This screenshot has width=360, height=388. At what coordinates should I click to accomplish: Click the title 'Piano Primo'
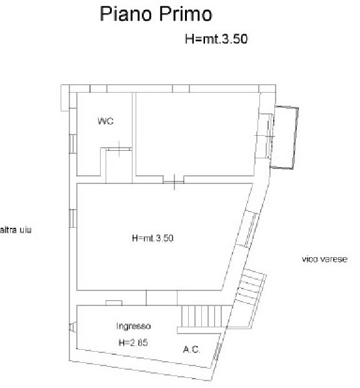tap(156, 14)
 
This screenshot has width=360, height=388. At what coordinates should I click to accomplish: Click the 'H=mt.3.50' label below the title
tap(216, 39)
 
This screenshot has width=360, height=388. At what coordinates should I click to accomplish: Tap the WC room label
tap(106, 121)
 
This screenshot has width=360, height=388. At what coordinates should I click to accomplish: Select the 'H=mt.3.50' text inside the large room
tap(152, 238)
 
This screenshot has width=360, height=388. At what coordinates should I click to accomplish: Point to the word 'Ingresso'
tap(133, 326)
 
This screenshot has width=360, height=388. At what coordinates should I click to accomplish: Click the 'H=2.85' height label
tap(133, 343)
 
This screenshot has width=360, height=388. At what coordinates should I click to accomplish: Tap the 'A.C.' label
tap(192, 349)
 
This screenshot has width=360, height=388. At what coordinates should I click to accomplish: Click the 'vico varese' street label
tap(324, 259)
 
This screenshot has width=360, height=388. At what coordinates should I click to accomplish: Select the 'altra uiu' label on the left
tap(16, 230)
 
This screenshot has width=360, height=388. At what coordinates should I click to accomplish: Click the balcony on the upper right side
tap(284, 138)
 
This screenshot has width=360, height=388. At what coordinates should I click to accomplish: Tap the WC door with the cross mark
tap(119, 149)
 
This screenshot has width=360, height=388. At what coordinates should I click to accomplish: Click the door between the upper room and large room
tap(174, 182)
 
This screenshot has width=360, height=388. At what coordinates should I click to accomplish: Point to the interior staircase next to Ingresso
tap(204, 316)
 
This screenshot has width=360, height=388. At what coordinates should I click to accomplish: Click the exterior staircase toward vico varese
tap(250, 287)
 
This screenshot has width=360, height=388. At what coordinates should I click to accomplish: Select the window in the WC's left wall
tap(73, 144)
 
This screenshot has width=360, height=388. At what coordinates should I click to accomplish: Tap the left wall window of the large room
tap(73, 218)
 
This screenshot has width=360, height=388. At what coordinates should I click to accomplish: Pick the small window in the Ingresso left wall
tap(72, 327)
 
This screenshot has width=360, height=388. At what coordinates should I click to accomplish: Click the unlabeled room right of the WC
tap(195, 134)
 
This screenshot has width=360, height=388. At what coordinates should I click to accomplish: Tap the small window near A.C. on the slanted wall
tap(217, 351)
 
